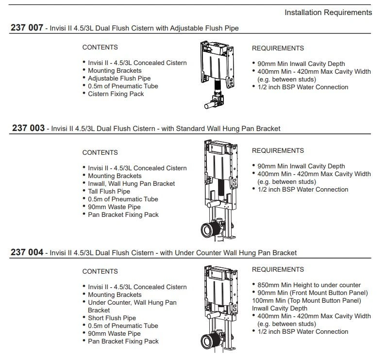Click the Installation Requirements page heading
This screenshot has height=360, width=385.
click(x=328, y=12)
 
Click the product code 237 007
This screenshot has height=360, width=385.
click(x=28, y=28)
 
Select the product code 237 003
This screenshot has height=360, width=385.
click(x=28, y=129)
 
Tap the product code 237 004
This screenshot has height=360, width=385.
click(x=28, y=252)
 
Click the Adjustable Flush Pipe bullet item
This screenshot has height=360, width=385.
click(x=119, y=78)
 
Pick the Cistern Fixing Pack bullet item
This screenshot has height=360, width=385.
click(x=116, y=94)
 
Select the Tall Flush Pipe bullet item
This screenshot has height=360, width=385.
click(x=109, y=191)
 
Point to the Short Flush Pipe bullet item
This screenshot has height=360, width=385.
click(x=111, y=318)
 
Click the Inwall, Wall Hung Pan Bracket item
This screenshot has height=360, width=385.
click(x=131, y=183)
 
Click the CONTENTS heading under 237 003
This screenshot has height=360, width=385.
click(x=100, y=152)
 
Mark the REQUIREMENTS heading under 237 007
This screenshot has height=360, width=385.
click(x=278, y=48)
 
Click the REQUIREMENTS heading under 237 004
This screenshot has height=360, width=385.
click(x=278, y=269)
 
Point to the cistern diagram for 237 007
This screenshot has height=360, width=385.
click(x=216, y=73)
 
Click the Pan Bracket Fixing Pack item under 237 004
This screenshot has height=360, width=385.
click(x=123, y=341)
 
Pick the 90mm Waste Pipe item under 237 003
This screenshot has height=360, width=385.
click(x=114, y=207)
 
